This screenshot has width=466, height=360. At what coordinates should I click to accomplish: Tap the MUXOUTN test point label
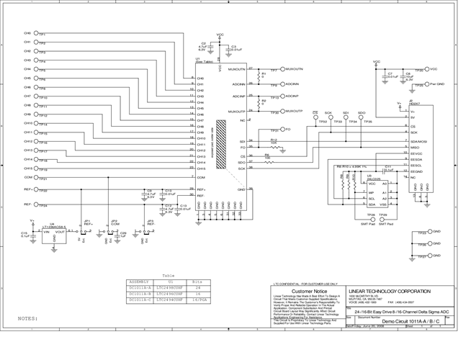[295, 69]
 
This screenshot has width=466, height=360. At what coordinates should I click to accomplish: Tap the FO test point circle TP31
[282, 129]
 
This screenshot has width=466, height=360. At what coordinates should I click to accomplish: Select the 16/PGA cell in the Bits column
[200, 301]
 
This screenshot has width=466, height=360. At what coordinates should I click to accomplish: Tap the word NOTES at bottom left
[28, 317]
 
